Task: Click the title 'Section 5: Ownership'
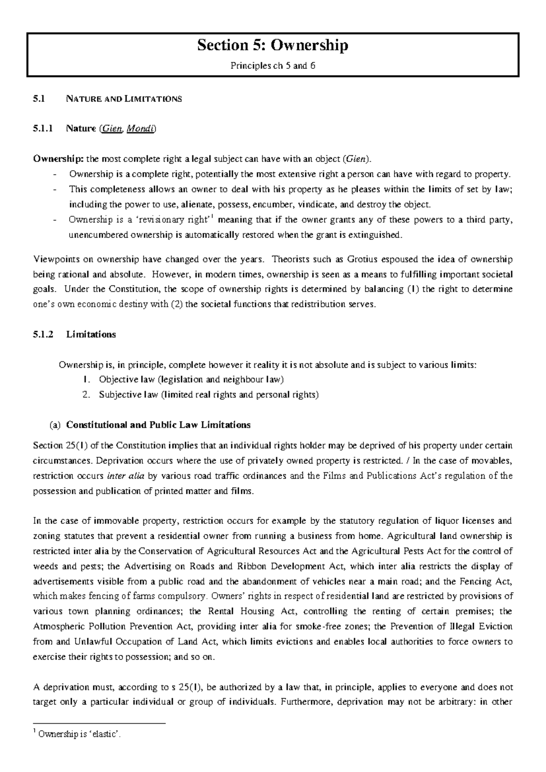(273, 46)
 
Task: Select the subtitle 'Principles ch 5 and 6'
(273, 66)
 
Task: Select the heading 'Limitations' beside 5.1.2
(91, 335)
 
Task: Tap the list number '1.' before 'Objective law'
(87, 380)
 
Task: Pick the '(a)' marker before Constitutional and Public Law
(55, 425)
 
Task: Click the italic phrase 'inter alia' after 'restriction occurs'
(126, 476)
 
